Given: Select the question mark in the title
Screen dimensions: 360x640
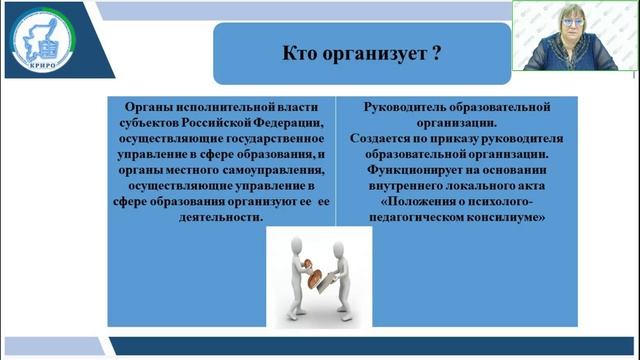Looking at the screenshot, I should [436, 55].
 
